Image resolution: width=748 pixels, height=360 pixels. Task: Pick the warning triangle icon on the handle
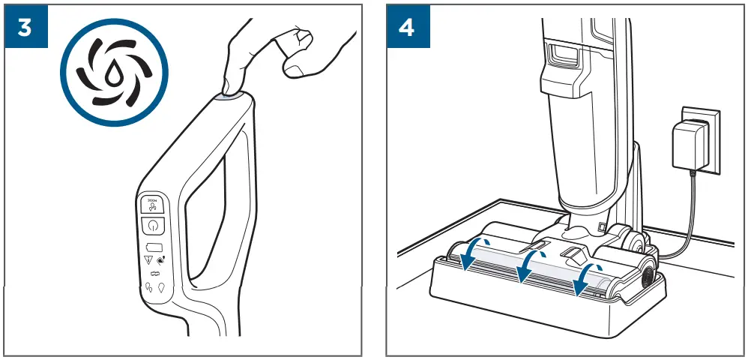pos(148,260)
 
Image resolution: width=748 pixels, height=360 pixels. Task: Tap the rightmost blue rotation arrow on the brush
pos(585,278)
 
